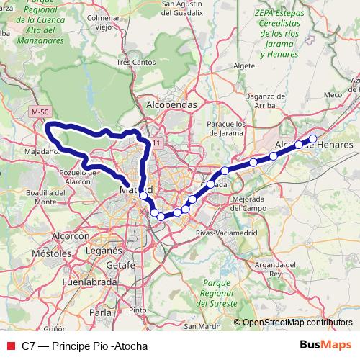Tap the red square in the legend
(10, 346)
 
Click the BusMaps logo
(326, 345)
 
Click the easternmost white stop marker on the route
(312, 139)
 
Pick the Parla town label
(102, 313)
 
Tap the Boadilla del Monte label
(40, 198)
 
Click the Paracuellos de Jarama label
(228, 127)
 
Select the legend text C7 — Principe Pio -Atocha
(84, 346)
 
